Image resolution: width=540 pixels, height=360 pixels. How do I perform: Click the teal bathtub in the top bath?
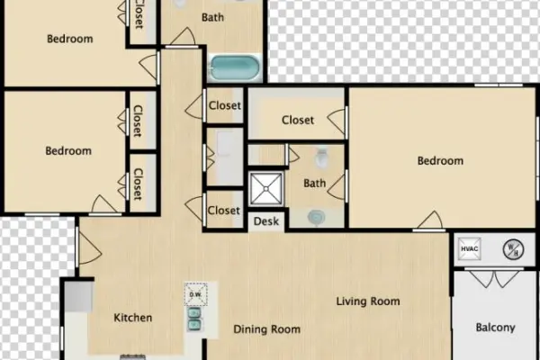236,67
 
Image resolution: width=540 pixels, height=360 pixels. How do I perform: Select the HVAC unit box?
469,249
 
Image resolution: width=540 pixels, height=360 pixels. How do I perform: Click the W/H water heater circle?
508,249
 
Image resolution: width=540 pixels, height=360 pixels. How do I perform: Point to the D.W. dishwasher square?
196,293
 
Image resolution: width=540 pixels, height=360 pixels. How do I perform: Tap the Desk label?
265,220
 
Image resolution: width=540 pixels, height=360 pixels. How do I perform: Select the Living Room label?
368,301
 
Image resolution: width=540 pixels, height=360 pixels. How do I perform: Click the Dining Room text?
266,329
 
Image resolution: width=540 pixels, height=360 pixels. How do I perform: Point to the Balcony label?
495,328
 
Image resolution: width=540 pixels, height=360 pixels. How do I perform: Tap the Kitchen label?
132,318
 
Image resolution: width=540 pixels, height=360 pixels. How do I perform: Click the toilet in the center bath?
320,159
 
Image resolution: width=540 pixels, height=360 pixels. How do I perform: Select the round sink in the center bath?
316,217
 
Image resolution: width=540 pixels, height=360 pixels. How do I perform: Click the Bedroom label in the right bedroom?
440,161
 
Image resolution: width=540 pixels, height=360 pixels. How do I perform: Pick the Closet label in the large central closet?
298,120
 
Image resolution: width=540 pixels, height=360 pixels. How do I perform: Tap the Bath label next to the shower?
314,184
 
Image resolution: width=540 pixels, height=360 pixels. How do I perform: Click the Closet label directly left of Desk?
224,211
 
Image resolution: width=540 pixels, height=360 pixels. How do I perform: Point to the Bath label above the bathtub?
213,17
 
